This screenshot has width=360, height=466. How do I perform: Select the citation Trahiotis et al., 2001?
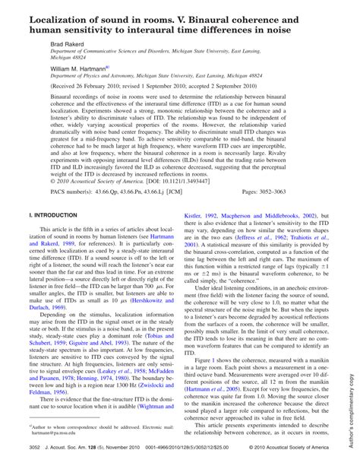(303, 258)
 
